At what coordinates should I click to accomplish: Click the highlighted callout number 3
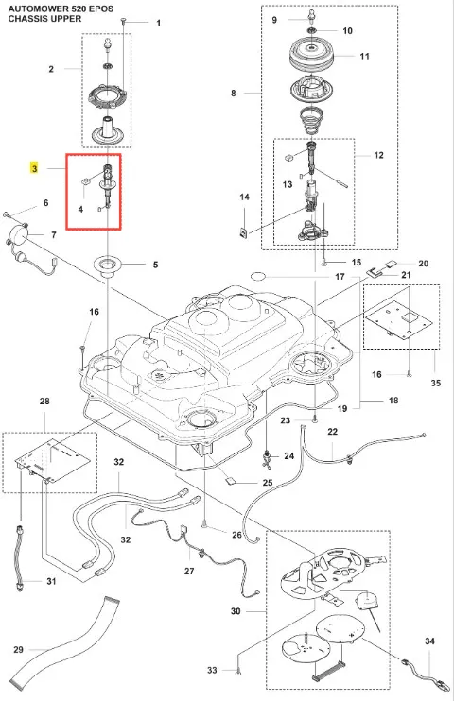click(x=34, y=168)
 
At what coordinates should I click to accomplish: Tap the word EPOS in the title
click(x=100, y=9)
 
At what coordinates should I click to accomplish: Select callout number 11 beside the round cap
click(x=365, y=56)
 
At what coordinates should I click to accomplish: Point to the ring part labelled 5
click(x=107, y=264)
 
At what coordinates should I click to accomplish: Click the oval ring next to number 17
click(x=258, y=276)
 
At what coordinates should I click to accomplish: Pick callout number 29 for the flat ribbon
click(x=18, y=649)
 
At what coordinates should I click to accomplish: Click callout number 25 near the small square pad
click(x=268, y=483)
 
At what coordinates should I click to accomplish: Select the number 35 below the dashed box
click(x=436, y=383)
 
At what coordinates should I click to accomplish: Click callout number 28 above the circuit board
click(x=44, y=401)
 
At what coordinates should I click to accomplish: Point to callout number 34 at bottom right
click(x=429, y=641)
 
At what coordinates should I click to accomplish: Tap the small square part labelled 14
click(x=243, y=232)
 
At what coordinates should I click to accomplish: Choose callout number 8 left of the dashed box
click(x=234, y=93)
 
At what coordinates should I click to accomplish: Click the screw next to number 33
click(x=237, y=669)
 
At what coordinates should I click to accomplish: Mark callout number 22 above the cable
click(x=332, y=432)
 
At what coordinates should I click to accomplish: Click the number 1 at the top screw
click(x=159, y=23)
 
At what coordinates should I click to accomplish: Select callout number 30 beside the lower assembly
click(x=236, y=611)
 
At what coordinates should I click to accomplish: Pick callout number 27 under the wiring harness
click(x=189, y=571)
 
